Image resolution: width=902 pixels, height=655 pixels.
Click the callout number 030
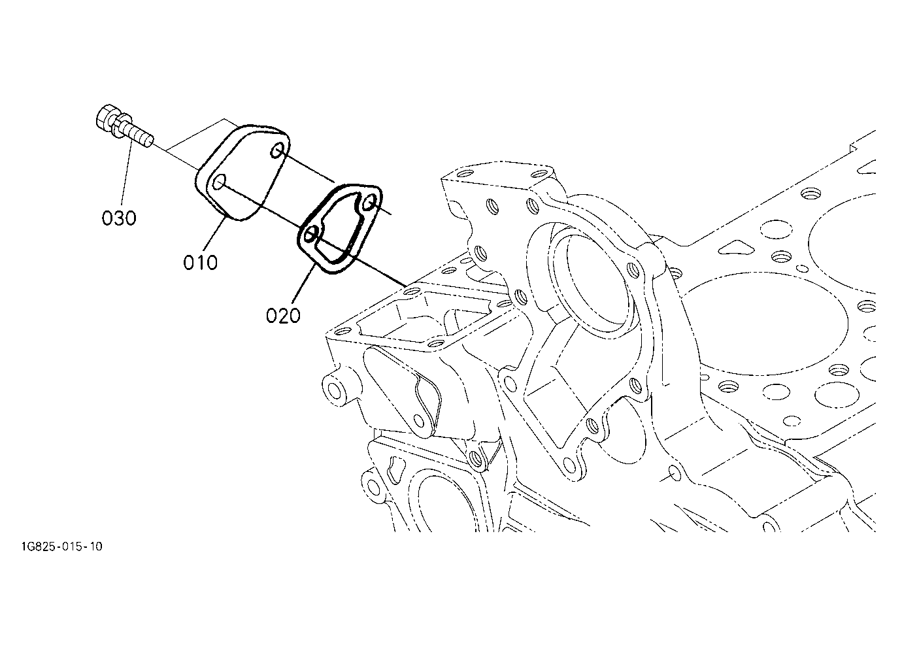click(x=119, y=218)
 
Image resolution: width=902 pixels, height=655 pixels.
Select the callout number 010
click(x=200, y=263)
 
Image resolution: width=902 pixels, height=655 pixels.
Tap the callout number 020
click(x=283, y=316)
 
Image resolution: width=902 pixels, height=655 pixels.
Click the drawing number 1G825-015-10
click(x=62, y=546)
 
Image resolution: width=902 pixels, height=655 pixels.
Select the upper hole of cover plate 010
click(x=276, y=151)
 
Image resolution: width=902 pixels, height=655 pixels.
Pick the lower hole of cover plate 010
click(x=219, y=182)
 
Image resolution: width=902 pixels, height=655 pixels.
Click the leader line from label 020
click(x=303, y=284)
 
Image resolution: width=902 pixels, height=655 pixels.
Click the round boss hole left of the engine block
click(x=334, y=390)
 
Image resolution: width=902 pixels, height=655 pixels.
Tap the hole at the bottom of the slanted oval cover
click(x=420, y=421)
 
